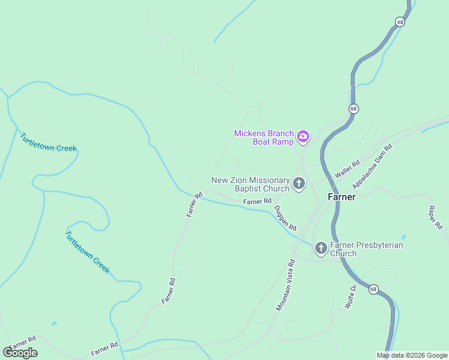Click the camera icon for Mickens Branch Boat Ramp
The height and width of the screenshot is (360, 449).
pos(303,136)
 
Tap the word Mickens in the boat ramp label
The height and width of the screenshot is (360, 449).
pos(249,133)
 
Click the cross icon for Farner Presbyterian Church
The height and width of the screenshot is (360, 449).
pos(321,248)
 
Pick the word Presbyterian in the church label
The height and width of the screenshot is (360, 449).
pos(380,245)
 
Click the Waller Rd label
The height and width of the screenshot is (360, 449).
pos(347,168)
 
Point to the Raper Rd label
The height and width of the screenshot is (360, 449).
pos(435,218)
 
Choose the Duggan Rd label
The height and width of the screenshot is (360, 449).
pos(285,218)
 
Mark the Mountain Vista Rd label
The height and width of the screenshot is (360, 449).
pos(286,284)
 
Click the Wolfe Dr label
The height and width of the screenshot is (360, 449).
pos(351,296)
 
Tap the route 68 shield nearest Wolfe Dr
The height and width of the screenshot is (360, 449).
pos(373,289)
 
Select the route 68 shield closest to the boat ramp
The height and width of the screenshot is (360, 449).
pos(353,109)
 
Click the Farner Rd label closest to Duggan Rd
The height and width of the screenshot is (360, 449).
pos(258,201)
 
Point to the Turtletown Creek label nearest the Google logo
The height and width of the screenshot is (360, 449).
pos(87,252)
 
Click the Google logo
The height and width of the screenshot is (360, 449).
pos(20,352)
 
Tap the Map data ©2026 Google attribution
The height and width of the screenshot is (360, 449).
pos(412,355)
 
